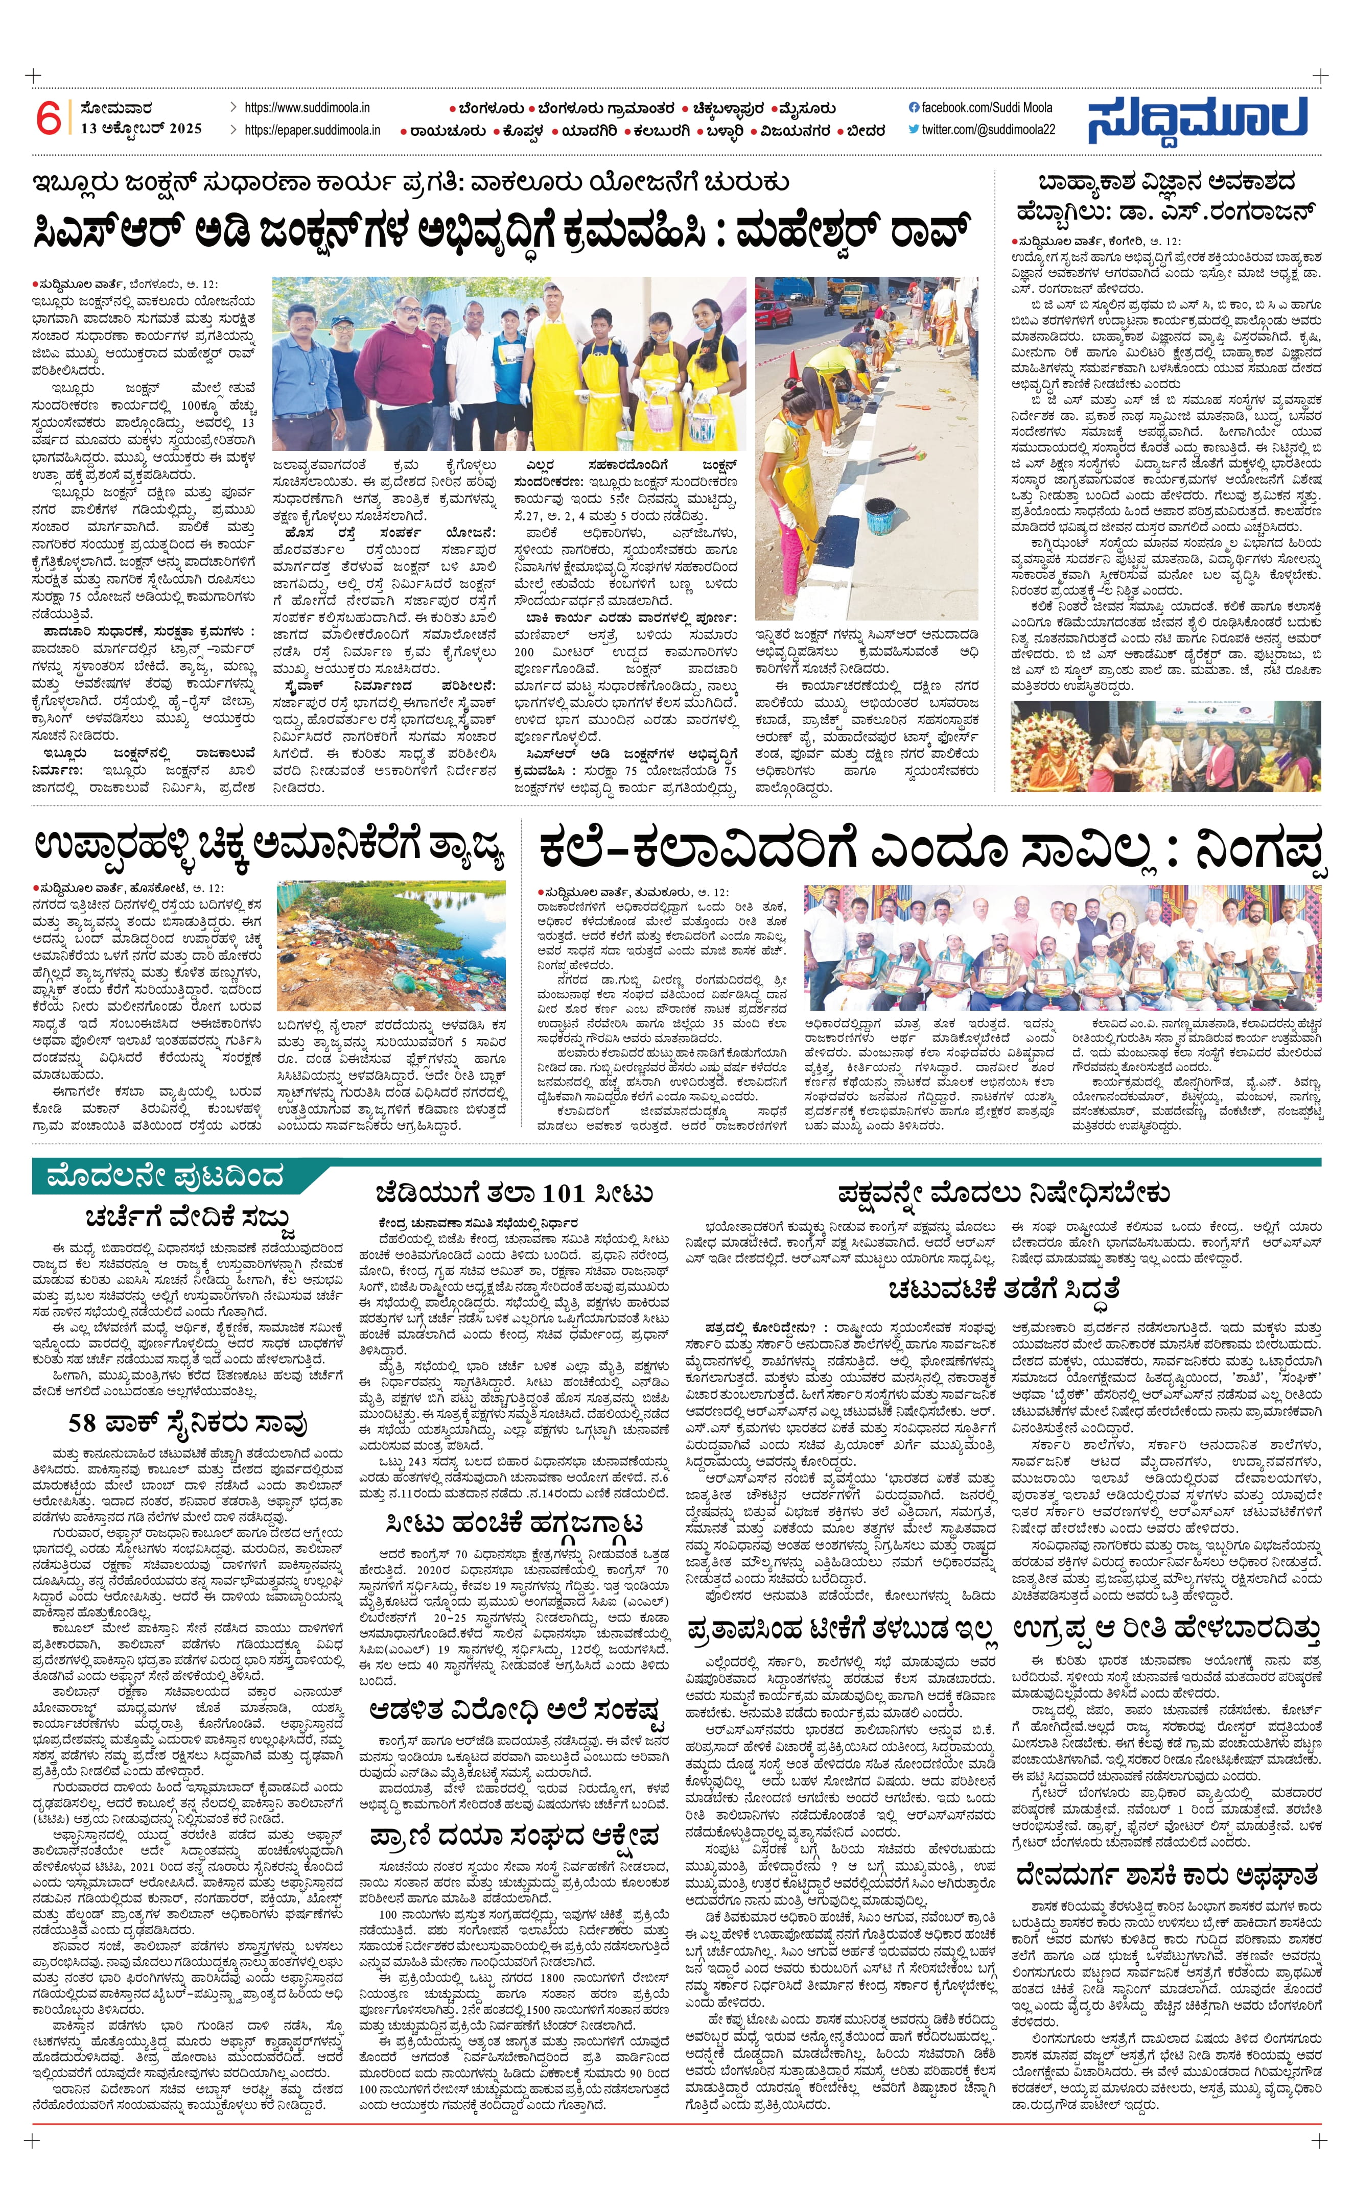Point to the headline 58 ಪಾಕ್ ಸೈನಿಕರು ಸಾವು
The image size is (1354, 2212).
click(x=189, y=1424)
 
